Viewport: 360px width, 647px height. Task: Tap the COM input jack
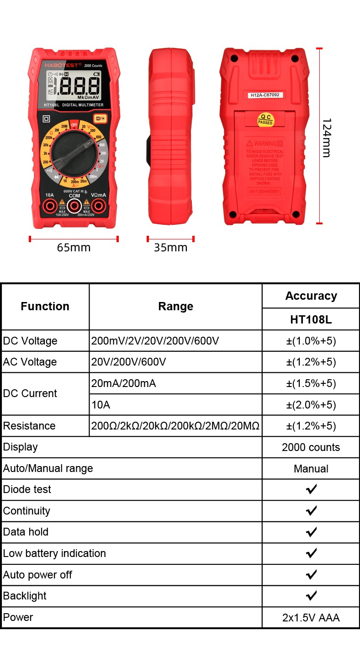click(74, 206)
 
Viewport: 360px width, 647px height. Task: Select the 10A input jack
click(50, 206)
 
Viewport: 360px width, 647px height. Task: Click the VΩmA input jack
click(98, 206)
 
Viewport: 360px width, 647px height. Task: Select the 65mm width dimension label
click(74, 248)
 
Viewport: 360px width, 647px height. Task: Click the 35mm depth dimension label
click(170, 248)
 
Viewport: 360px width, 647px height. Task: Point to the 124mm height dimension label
click(326, 138)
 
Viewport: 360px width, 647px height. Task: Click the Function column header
click(45, 306)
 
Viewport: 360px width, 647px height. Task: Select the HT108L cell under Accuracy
click(311, 319)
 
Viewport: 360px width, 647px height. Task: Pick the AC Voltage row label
click(30, 362)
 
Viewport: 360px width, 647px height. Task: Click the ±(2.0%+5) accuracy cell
click(311, 405)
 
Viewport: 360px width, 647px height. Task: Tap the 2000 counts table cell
click(311, 447)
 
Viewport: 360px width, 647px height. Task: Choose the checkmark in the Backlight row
click(311, 596)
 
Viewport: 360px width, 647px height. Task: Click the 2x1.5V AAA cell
click(311, 618)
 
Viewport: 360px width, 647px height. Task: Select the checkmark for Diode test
click(311, 489)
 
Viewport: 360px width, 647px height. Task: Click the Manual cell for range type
click(311, 469)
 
